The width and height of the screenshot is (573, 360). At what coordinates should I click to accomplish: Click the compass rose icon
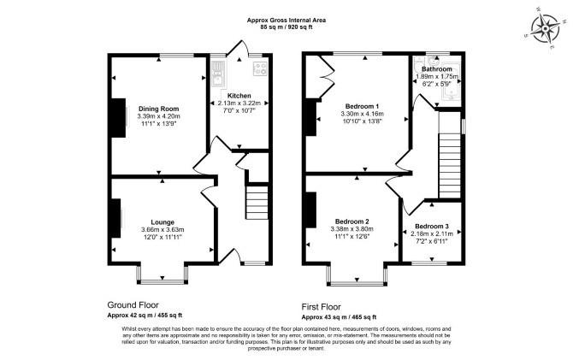pos(546,28)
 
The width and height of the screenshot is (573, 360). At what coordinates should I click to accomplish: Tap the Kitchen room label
pos(239,96)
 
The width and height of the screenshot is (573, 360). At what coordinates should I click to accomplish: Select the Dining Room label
pos(158,109)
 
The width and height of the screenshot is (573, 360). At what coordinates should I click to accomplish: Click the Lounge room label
pos(162,222)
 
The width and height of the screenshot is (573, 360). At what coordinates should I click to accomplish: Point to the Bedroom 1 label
pos(362,106)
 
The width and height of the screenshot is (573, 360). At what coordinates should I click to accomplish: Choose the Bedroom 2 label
pos(351,221)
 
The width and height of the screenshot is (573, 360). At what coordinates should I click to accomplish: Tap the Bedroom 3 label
pos(432,227)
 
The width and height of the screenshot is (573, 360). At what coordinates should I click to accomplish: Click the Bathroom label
pos(437,69)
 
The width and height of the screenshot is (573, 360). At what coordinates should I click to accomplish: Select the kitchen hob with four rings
pos(260,68)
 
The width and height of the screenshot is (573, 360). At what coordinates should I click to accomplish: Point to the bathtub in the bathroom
pos(451,83)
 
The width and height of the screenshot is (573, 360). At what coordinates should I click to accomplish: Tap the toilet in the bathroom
pos(419,66)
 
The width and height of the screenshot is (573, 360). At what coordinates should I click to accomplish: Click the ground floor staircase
pos(257,203)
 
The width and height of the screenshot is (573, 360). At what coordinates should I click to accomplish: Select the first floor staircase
pos(450,166)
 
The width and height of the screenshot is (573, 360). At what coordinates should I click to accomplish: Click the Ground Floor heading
pos(133,304)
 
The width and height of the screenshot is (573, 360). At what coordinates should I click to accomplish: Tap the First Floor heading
pos(322,307)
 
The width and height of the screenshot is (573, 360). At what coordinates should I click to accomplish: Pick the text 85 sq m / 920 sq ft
pos(286,27)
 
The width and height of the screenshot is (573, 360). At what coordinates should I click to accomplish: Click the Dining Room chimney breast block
pos(118,118)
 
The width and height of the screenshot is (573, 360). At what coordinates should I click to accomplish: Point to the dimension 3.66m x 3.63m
pos(162,229)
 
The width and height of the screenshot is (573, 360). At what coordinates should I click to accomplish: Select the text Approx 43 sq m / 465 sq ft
pos(339,317)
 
